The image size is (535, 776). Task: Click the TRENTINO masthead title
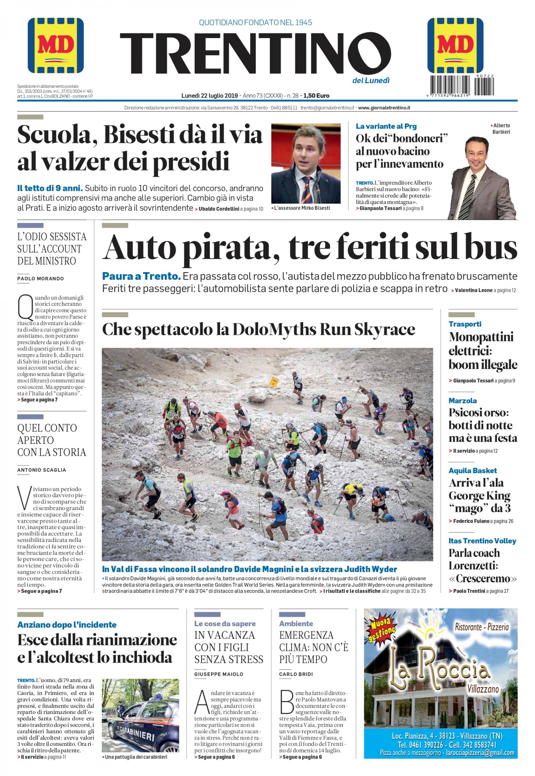coord(255,54)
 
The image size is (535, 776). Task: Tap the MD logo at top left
coord(56,45)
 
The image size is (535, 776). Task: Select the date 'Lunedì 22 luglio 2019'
coord(209,96)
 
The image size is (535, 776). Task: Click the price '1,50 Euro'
coord(316,96)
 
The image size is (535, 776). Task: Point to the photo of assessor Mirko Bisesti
coord(306,164)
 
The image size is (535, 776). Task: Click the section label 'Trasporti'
coord(465,324)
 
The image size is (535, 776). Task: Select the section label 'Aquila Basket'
coord(472,471)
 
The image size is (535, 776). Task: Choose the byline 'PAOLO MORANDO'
coord(40,278)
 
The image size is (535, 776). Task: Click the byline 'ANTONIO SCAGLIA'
coord(42,470)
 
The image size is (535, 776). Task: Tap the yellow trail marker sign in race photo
coord(273,381)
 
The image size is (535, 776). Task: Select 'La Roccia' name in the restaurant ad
coord(439,671)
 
